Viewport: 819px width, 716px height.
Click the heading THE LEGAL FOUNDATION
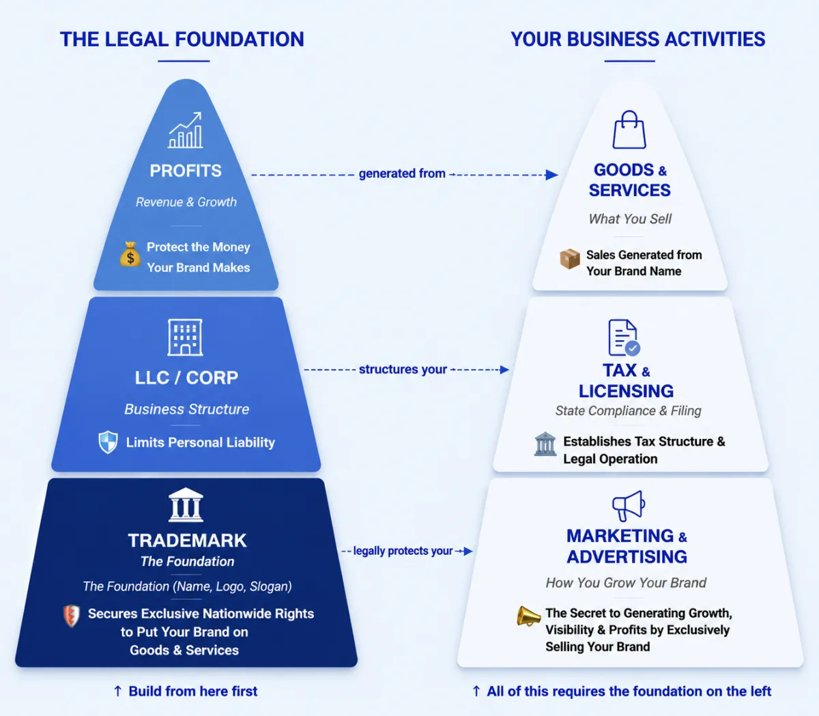[182, 39]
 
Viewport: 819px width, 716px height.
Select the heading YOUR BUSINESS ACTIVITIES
[637, 39]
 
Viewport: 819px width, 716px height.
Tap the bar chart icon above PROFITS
[186, 130]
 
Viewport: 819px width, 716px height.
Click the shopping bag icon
[629, 130]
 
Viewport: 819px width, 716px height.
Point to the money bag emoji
[130, 254]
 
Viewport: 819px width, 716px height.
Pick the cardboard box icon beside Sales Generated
[570, 259]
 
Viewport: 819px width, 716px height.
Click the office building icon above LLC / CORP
[185, 337]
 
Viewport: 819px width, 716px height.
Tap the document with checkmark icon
[624, 337]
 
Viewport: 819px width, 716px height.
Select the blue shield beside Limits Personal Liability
[108, 442]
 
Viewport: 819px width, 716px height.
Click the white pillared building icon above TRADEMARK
[186, 504]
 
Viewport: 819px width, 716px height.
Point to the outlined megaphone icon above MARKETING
[629, 506]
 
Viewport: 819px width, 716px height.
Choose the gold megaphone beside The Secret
[528, 616]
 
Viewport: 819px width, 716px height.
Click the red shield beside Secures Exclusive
[72, 616]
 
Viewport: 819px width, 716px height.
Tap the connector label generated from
[402, 173]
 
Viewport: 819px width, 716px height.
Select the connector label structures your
[403, 369]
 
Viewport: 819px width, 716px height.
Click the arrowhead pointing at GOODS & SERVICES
[552, 175]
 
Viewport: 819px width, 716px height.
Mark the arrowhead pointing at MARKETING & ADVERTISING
[468, 551]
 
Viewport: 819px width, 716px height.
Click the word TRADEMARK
[187, 541]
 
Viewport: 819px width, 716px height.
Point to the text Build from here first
[193, 691]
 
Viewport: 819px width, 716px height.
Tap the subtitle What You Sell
[630, 219]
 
